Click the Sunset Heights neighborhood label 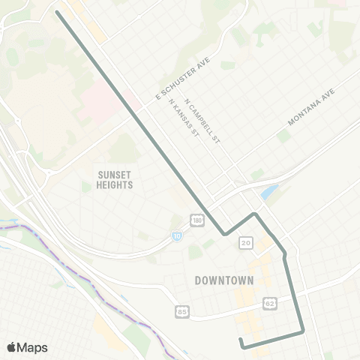(x=115, y=179)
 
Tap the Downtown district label (x=224, y=280)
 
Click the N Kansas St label (x=184, y=120)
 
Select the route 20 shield (x=246, y=243)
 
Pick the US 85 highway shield (x=182, y=310)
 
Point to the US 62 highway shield (x=269, y=304)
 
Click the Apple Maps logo (x=27, y=347)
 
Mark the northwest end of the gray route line (x=58, y=12)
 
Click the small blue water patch (x=269, y=193)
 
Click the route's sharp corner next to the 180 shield (x=224, y=234)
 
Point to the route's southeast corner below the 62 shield (x=302, y=330)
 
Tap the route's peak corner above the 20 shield (x=256, y=214)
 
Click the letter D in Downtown (x=197, y=280)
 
